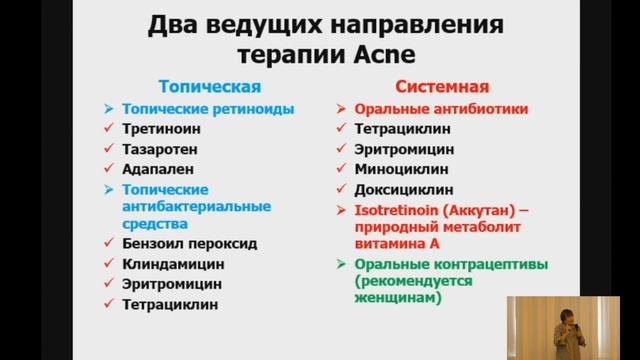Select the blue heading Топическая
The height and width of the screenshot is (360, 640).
click(212, 86)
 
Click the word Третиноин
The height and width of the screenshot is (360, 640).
click(162, 128)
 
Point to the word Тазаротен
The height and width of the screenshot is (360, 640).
click(161, 149)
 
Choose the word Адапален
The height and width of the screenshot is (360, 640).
click(158, 169)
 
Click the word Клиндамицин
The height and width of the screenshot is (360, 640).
click(172, 264)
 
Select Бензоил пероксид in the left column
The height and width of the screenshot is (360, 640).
click(189, 243)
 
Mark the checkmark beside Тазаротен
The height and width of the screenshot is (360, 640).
click(106, 149)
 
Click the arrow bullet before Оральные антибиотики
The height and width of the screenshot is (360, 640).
click(339, 108)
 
